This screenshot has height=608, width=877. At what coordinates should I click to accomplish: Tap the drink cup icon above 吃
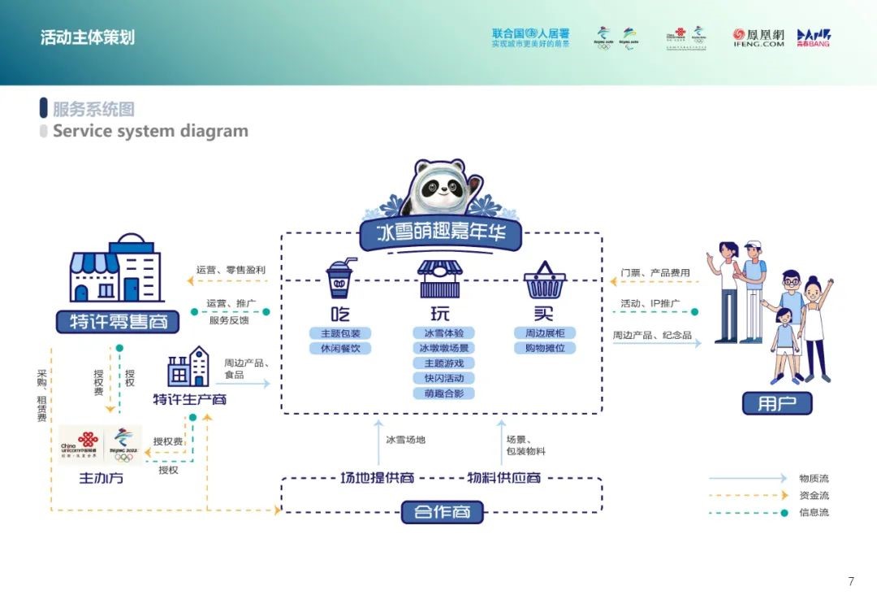point(341,279)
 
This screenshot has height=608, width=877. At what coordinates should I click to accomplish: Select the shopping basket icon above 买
point(544,280)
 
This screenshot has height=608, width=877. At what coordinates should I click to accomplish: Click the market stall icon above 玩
point(439,279)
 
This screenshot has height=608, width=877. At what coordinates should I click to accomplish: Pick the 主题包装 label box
point(340,333)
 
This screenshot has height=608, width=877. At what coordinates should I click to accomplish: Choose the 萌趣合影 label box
point(443,393)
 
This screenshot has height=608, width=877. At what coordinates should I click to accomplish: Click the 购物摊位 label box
point(544,348)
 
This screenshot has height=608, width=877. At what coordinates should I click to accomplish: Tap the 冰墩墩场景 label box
point(443,348)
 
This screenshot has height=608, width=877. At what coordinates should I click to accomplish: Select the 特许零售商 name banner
point(118,321)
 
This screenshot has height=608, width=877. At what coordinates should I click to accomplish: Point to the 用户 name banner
point(777,402)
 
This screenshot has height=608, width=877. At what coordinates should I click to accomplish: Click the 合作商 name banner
point(442,512)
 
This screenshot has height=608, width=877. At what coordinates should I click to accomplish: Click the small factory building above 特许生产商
point(188,367)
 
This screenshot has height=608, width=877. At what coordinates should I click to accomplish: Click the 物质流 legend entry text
point(814,479)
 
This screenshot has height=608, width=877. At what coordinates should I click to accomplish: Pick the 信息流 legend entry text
point(814,512)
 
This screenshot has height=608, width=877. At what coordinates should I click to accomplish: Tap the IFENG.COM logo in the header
point(758,38)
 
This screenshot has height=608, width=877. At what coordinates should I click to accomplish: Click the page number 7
point(851,581)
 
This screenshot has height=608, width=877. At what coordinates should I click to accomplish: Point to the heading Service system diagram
point(150,131)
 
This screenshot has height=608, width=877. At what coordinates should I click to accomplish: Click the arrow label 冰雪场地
point(405,440)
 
